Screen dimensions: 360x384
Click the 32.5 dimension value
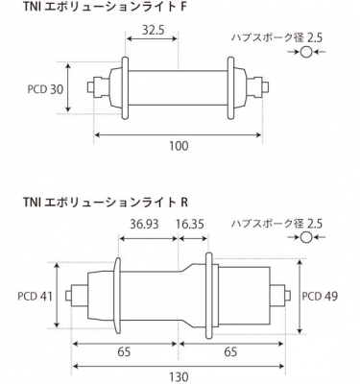tap(153, 30)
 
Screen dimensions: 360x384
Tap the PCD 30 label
tap(45, 89)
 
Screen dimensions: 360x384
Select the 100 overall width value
tap(179, 146)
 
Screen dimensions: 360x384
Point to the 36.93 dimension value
tap(144, 224)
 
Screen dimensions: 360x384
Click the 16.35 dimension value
tap(190, 224)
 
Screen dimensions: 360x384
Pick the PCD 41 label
tap(35, 296)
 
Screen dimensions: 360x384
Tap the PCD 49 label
tap(320, 296)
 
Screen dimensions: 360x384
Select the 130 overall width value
tap(179, 376)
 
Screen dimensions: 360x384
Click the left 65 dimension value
tap(124, 351)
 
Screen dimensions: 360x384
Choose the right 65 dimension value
tap(230, 351)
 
